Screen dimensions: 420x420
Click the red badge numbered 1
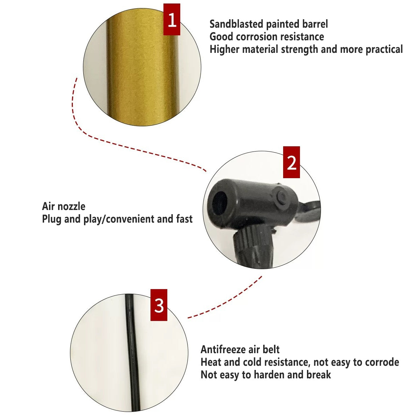click(x=172, y=19)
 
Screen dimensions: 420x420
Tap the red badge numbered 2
click(x=292, y=162)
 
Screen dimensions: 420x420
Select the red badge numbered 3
click(x=159, y=305)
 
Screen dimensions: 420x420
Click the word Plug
click(x=51, y=219)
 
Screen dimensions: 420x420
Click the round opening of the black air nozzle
click(x=219, y=203)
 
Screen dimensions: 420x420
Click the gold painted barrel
click(x=142, y=68)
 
